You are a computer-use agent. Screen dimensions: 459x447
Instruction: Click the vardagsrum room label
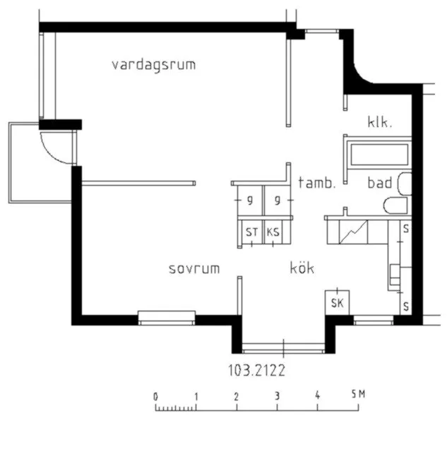coord(153,65)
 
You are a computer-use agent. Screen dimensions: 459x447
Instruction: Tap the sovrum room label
coord(194,269)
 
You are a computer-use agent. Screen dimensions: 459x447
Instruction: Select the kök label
coord(302,268)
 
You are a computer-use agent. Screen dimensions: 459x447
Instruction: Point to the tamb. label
coord(316,183)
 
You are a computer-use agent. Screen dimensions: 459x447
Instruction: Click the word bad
coord(379,184)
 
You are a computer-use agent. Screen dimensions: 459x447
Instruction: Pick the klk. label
coord(379,122)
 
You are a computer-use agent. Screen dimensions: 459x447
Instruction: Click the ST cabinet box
coord(251,232)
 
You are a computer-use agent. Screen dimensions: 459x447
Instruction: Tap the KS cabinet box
coord(273,232)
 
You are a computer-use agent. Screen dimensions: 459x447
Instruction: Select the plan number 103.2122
coord(256,369)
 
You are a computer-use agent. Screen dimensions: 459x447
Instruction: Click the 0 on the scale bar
coord(155,396)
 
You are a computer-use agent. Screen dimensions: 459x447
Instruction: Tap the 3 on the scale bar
coord(278,396)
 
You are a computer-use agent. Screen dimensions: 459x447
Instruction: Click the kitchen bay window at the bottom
coord(283,347)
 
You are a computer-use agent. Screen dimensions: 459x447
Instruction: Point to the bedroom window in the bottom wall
coord(167,318)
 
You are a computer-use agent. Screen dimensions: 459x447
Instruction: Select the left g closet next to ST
coord(250,201)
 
